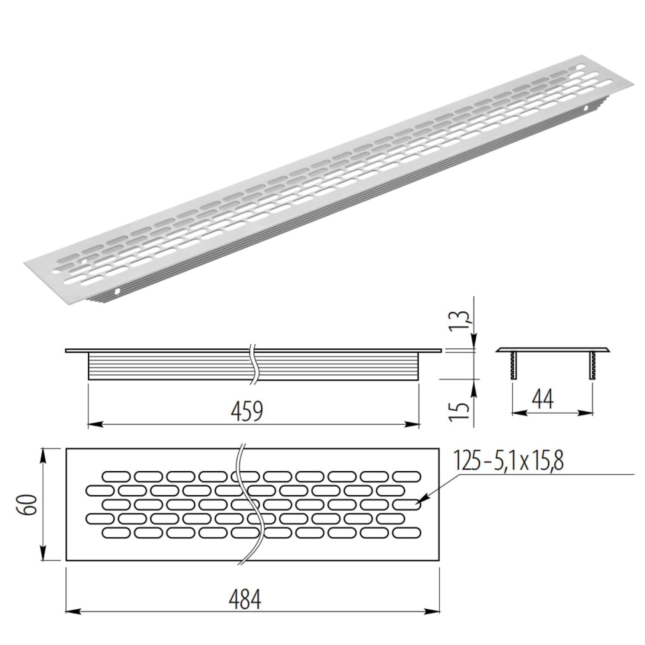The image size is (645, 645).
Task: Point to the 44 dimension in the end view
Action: pyautogui.click(x=543, y=399)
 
